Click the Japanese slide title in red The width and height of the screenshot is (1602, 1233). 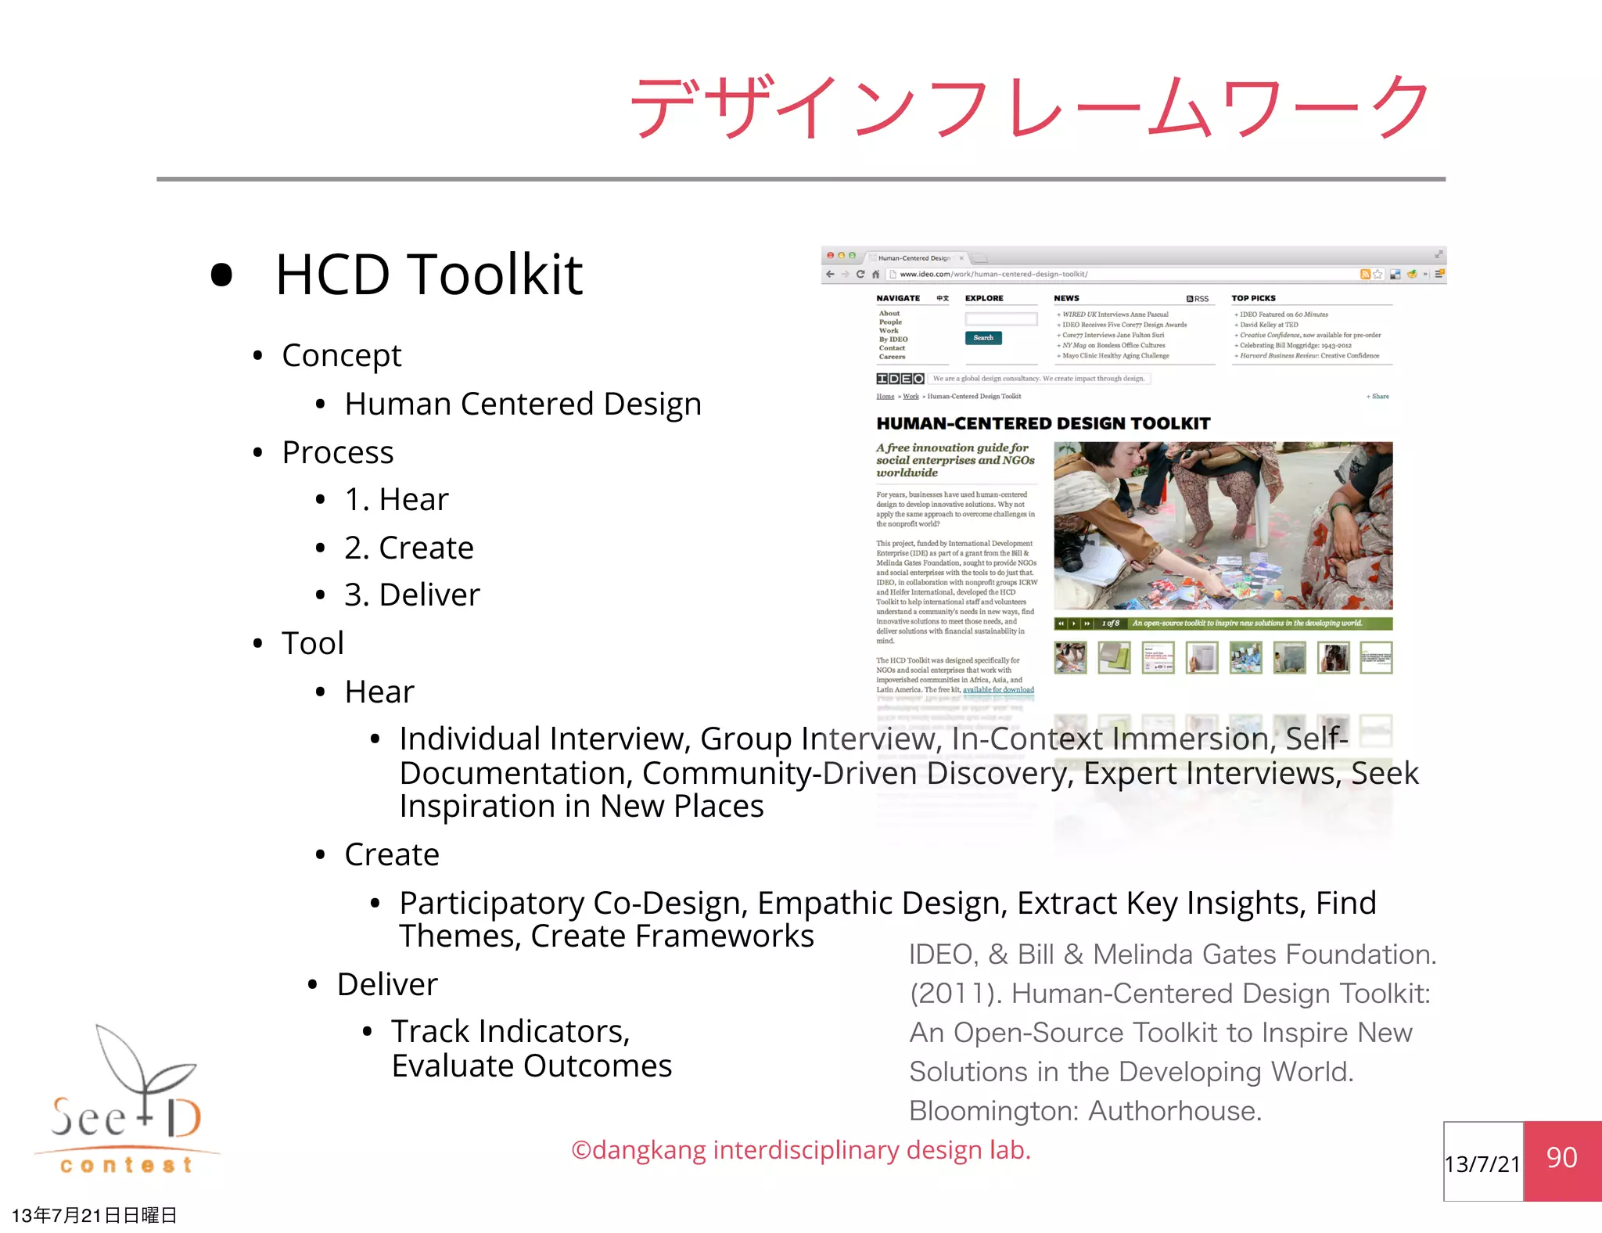pos(1029,106)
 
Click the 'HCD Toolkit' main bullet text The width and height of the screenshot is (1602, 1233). pos(429,275)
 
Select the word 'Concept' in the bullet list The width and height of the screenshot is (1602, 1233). pos(341,356)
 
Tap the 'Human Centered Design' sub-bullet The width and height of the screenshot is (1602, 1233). pos(523,404)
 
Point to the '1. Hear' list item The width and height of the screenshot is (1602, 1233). pos(397,500)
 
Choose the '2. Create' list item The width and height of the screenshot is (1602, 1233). pos(409,548)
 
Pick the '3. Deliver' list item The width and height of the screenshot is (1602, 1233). pos(412,595)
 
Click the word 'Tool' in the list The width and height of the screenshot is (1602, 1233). pos(313,644)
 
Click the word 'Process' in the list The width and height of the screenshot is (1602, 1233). pos(338,453)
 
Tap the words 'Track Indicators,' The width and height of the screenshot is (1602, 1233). pos(511,1032)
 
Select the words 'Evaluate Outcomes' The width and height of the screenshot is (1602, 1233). pos(532,1066)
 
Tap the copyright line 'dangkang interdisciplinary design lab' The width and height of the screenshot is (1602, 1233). pos(801,1151)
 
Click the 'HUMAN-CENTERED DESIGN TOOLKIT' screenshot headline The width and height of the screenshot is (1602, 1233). pos(1043,424)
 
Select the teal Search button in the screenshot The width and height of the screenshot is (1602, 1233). pos(983,338)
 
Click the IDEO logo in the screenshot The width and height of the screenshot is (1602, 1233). pos(900,379)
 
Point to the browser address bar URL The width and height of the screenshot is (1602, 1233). pos(993,275)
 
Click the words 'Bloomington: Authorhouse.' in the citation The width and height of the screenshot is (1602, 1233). pos(1085,1111)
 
